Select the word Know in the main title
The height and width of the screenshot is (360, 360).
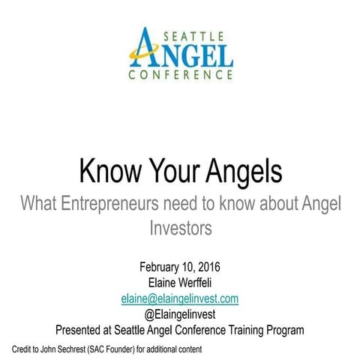(x=110, y=172)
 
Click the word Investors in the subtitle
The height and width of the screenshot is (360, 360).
(x=180, y=226)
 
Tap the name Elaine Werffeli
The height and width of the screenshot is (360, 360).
(x=180, y=283)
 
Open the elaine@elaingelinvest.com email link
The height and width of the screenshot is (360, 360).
(x=180, y=298)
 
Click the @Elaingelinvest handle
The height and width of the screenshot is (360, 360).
(x=180, y=313)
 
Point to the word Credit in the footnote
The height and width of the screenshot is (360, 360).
(x=23, y=349)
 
